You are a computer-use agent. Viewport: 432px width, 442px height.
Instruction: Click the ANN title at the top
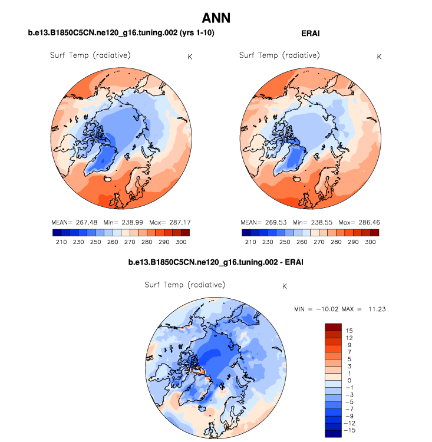point(216,18)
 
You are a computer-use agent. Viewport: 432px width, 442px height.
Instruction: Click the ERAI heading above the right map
point(311,34)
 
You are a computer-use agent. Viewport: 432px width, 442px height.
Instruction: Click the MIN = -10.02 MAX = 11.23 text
point(339,309)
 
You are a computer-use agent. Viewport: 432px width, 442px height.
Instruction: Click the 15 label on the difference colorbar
point(350,330)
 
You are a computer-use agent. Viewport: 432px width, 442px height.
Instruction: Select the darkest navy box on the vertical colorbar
point(334,434)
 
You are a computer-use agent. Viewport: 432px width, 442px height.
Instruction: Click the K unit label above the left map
point(189,57)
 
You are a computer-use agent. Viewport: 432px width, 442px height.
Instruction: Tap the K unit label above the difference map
point(285,286)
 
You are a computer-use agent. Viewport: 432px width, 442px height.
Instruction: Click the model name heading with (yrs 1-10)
point(121,34)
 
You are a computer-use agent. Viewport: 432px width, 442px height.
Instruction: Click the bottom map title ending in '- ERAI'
point(216,261)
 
